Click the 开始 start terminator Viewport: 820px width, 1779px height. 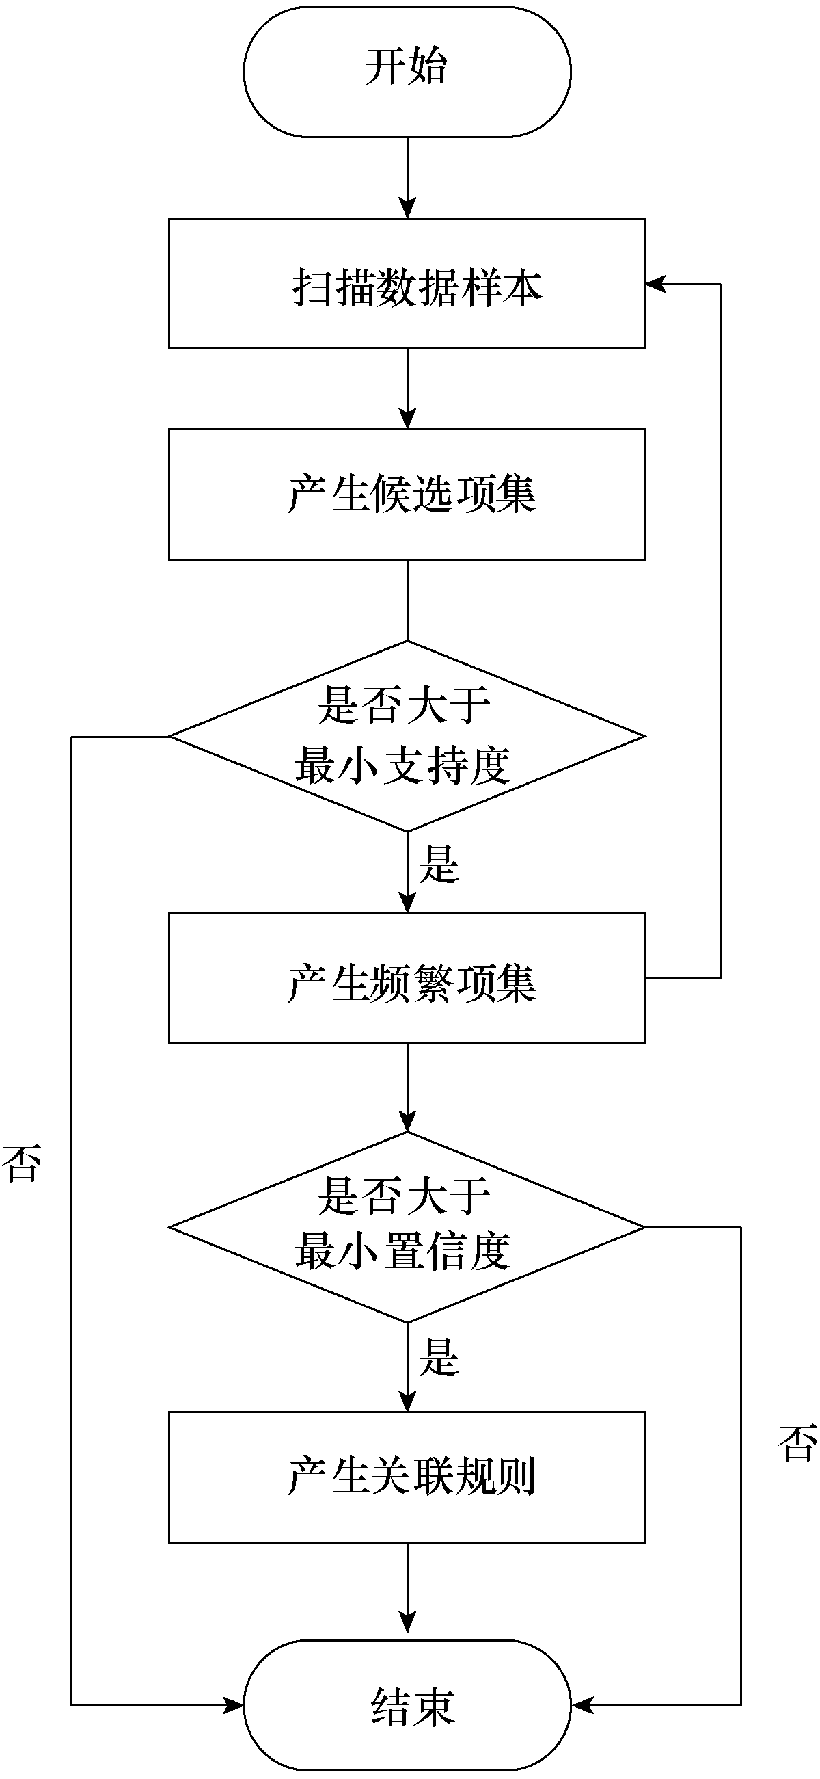(x=407, y=72)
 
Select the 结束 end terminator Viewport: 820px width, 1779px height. (x=407, y=1705)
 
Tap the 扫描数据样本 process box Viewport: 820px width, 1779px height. (x=407, y=283)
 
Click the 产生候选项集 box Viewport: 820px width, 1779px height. (x=407, y=494)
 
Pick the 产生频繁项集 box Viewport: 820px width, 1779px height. (x=407, y=978)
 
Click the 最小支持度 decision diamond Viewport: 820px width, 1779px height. (x=407, y=736)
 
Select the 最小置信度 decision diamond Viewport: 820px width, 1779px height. (x=407, y=1227)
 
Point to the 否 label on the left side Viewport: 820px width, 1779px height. (x=22, y=1163)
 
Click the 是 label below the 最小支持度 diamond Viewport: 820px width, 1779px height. (x=439, y=864)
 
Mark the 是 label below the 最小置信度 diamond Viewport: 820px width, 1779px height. (x=439, y=1356)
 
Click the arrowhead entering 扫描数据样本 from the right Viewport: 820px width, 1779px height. (x=655, y=283)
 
